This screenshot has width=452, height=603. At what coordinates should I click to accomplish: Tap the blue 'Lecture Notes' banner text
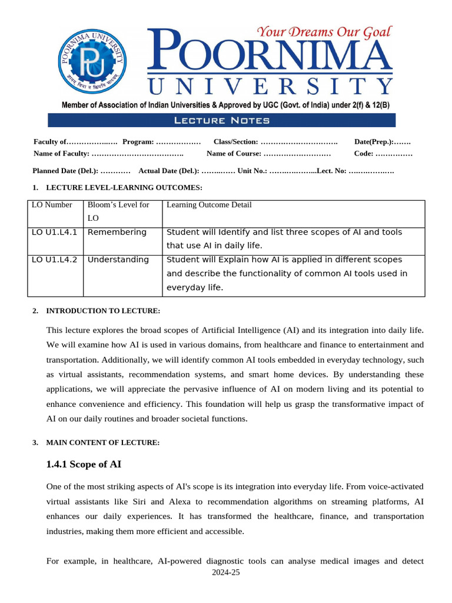[222, 121]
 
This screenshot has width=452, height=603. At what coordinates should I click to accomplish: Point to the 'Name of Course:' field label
[234, 154]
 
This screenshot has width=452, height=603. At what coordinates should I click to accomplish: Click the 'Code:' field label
[363, 154]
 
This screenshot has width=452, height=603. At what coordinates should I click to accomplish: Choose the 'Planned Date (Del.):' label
[65, 171]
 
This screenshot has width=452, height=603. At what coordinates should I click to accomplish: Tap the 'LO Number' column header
[52, 205]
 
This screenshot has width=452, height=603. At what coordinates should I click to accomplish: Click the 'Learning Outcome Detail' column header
[209, 205]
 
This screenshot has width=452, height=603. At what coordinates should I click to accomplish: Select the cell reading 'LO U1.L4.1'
[54, 232]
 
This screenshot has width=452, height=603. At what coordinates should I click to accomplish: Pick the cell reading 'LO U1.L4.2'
[54, 260]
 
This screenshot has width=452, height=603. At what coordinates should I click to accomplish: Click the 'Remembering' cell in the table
[117, 232]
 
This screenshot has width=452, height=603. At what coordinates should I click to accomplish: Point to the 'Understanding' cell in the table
[118, 260]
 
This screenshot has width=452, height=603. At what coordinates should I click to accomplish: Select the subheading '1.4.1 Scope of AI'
[84, 465]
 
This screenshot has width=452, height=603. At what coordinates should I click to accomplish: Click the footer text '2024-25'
[226, 572]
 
